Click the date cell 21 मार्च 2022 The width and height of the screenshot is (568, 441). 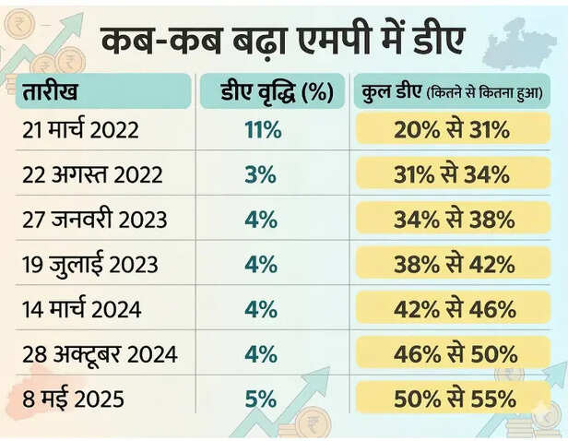pyautogui.click(x=80, y=129)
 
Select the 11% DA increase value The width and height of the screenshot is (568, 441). pyautogui.click(x=263, y=130)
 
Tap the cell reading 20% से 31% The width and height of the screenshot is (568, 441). pyautogui.click(x=452, y=129)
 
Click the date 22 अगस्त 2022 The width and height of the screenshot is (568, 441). pyautogui.click(x=92, y=174)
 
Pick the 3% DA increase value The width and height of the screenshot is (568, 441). pyautogui.click(x=260, y=174)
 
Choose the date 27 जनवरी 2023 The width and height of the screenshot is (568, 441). pyautogui.click(x=95, y=220)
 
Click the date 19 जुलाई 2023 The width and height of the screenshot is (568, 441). pyautogui.click(x=90, y=264)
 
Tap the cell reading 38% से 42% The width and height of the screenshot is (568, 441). pyautogui.click(x=455, y=264)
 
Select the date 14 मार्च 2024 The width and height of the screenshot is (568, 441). pyautogui.click(x=82, y=308)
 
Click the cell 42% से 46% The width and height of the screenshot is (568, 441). pyautogui.click(x=455, y=309)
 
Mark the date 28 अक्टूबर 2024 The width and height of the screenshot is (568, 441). pyautogui.click(x=100, y=353)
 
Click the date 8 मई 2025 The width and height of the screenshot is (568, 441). pyautogui.click(x=73, y=399)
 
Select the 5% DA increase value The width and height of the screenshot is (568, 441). pyautogui.click(x=260, y=399)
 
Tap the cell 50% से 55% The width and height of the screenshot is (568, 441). pyautogui.click(x=455, y=399)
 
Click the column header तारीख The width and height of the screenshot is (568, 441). pyautogui.click(x=50, y=90)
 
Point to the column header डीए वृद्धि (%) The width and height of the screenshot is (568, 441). pyautogui.click(x=278, y=91)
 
